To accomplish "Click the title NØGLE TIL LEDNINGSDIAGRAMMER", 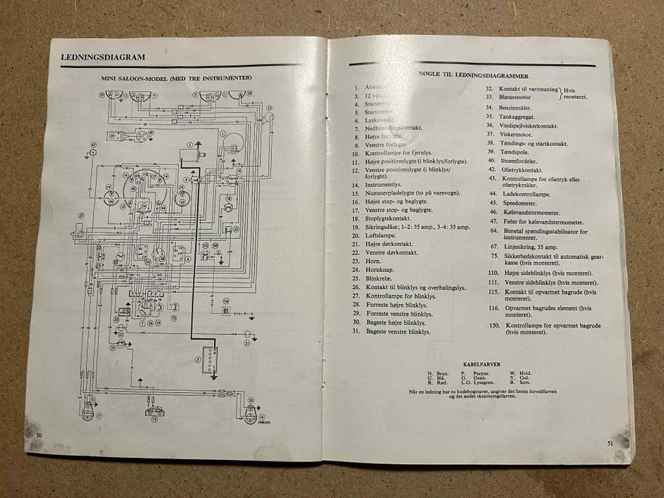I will tap(474, 75).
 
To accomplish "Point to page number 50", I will tap(39, 433).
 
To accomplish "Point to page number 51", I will tap(610, 443).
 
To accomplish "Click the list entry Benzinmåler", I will tap(526, 108).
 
